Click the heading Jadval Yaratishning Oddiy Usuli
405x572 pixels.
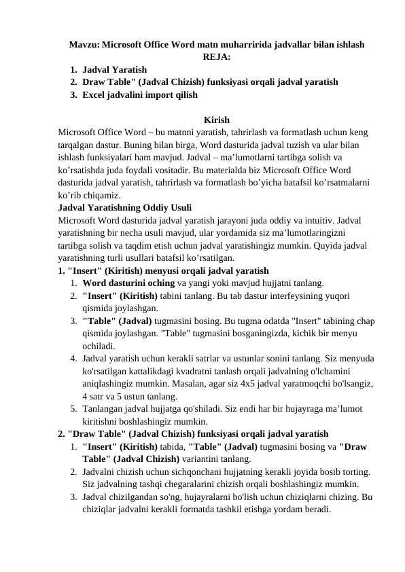tap(125, 207)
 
